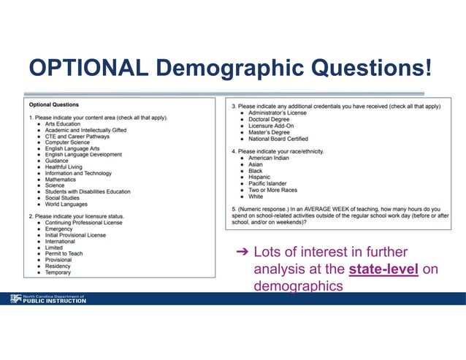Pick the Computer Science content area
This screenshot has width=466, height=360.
[68, 142]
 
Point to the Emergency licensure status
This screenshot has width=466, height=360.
[59, 229]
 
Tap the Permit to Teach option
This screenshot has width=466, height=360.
[64, 254]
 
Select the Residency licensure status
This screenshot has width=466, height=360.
[58, 267]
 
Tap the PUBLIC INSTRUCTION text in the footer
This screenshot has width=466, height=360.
[55, 301]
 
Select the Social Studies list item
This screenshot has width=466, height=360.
[62, 198]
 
